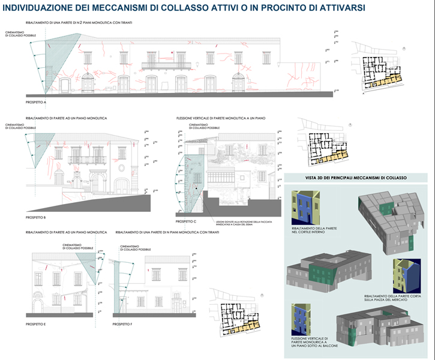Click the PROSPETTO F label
(122, 324)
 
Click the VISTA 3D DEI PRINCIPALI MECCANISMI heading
(356, 178)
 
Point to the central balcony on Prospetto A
(166, 65)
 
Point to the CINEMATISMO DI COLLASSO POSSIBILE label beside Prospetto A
(17, 34)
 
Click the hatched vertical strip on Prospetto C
(193, 180)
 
